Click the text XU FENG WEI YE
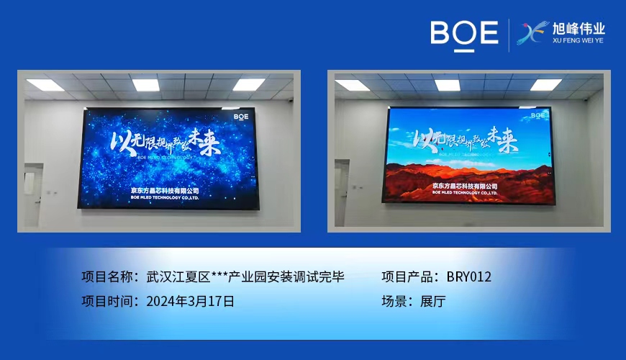(x=579, y=42)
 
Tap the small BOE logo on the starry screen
(x=241, y=115)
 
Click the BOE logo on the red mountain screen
(x=537, y=114)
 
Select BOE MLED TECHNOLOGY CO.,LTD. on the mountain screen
(x=466, y=193)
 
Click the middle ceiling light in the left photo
(x=145, y=84)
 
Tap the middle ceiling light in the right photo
(x=448, y=85)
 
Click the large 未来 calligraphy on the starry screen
(x=201, y=137)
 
